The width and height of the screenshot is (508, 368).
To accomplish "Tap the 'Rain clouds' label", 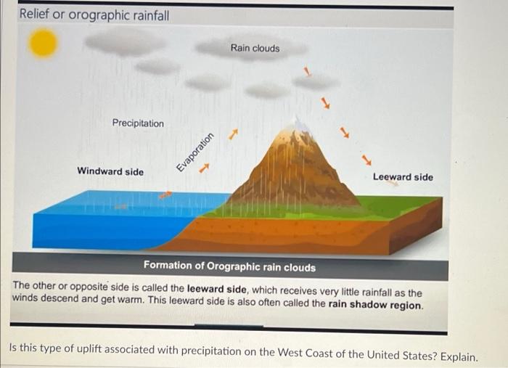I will [x=255, y=48].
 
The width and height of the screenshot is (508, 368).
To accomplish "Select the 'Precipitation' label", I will [x=138, y=123].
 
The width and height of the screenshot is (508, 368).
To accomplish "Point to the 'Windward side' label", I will [x=110, y=172].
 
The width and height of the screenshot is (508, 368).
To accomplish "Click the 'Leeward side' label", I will [x=403, y=177].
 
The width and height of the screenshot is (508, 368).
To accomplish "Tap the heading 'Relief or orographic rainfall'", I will [x=94, y=15].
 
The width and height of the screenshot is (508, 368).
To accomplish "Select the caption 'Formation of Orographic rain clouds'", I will [x=229, y=267].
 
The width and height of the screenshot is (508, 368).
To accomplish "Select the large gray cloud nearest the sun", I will [x=125, y=41].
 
